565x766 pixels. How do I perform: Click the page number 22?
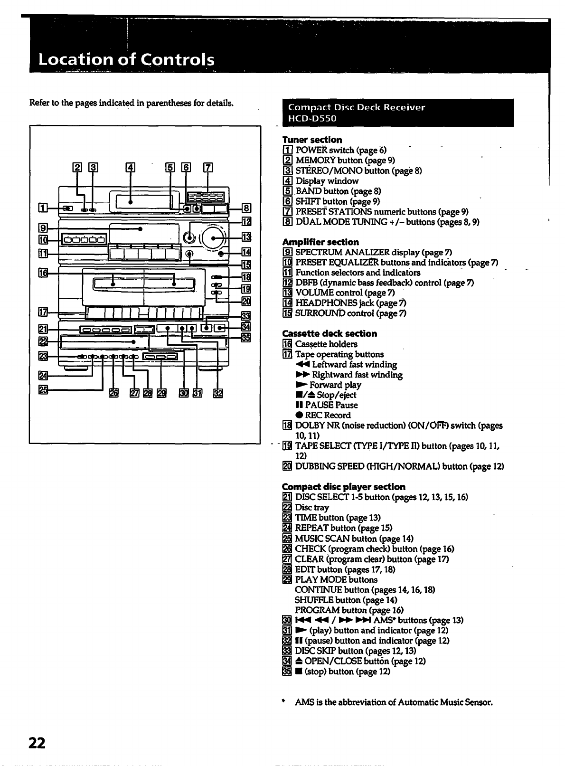point(37,743)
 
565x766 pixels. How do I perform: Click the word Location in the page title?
point(76,59)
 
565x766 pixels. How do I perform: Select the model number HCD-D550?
point(312,118)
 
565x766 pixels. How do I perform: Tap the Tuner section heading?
point(312,140)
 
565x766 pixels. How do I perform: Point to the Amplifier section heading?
point(320,242)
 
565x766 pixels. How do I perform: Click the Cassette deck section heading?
point(330,333)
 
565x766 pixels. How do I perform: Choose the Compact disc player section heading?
point(344,487)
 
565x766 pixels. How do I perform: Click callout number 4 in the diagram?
point(130,168)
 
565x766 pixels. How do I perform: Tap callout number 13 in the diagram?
point(246,237)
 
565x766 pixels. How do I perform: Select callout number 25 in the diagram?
point(43,390)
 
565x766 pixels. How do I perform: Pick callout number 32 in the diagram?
point(218,393)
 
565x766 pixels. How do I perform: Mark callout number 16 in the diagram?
point(43,273)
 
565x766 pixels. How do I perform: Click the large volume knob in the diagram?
point(214,238)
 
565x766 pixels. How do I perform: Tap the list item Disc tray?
point(312,507)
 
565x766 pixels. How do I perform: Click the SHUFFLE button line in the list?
point(346,600)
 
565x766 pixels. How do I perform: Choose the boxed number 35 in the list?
point(287,671)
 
